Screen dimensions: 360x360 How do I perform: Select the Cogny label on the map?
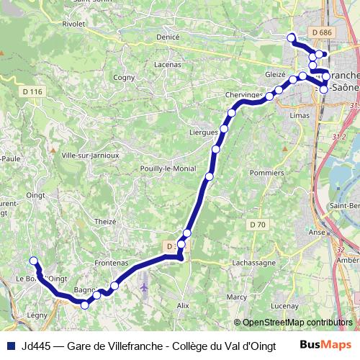[124, 77]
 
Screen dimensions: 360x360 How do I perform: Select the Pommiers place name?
[266, 173]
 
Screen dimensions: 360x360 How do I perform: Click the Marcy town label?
[237, 297]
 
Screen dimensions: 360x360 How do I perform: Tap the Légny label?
[36, 315]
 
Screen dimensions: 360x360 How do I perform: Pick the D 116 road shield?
[32, 91]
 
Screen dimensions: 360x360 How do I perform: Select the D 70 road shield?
[258, 225]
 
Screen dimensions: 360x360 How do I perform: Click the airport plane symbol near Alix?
[145, 287]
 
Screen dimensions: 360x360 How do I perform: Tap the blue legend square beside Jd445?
[10, 346]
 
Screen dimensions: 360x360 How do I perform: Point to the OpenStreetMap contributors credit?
[293, 323]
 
